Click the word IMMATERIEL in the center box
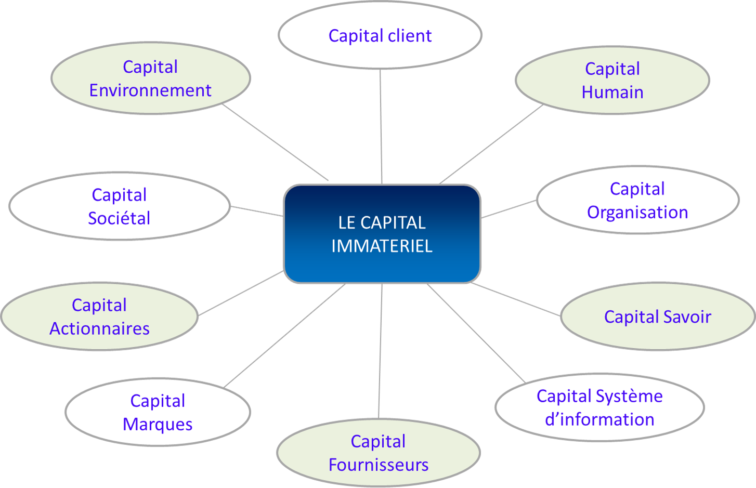click(x=382, y=246)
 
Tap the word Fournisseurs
click(x=379, y=465)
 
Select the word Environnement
click(x=150, y=90)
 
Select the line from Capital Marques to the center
click(x=285, y=335)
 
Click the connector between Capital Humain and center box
click(x=491, y=144)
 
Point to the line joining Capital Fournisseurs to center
click(x=380, y=351)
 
